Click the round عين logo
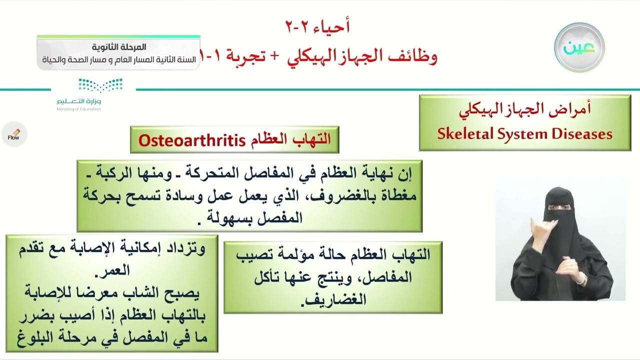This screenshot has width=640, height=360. point(579,47)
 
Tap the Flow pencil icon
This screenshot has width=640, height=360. point(14,134)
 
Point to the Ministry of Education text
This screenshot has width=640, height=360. point(78,109)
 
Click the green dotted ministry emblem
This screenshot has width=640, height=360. point(100,85)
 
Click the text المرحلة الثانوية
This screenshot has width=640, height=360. point(119,47)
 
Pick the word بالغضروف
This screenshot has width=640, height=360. point(377,196)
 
